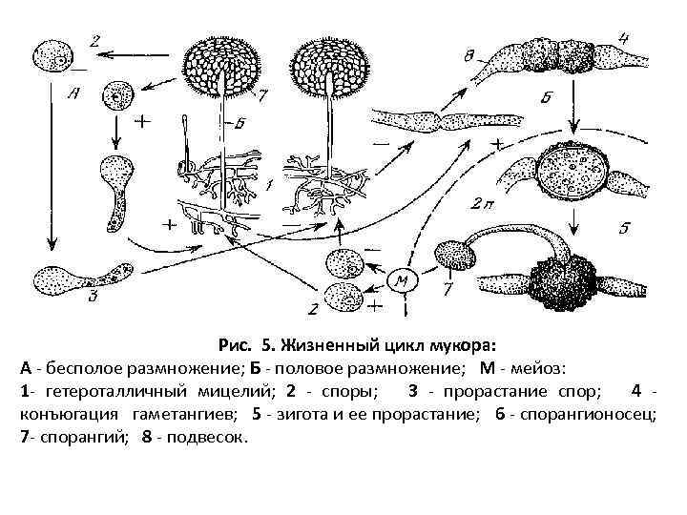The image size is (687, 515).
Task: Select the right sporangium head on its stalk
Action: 329,69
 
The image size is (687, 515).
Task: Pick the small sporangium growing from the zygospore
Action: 453,256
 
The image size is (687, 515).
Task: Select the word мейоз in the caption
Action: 534,367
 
